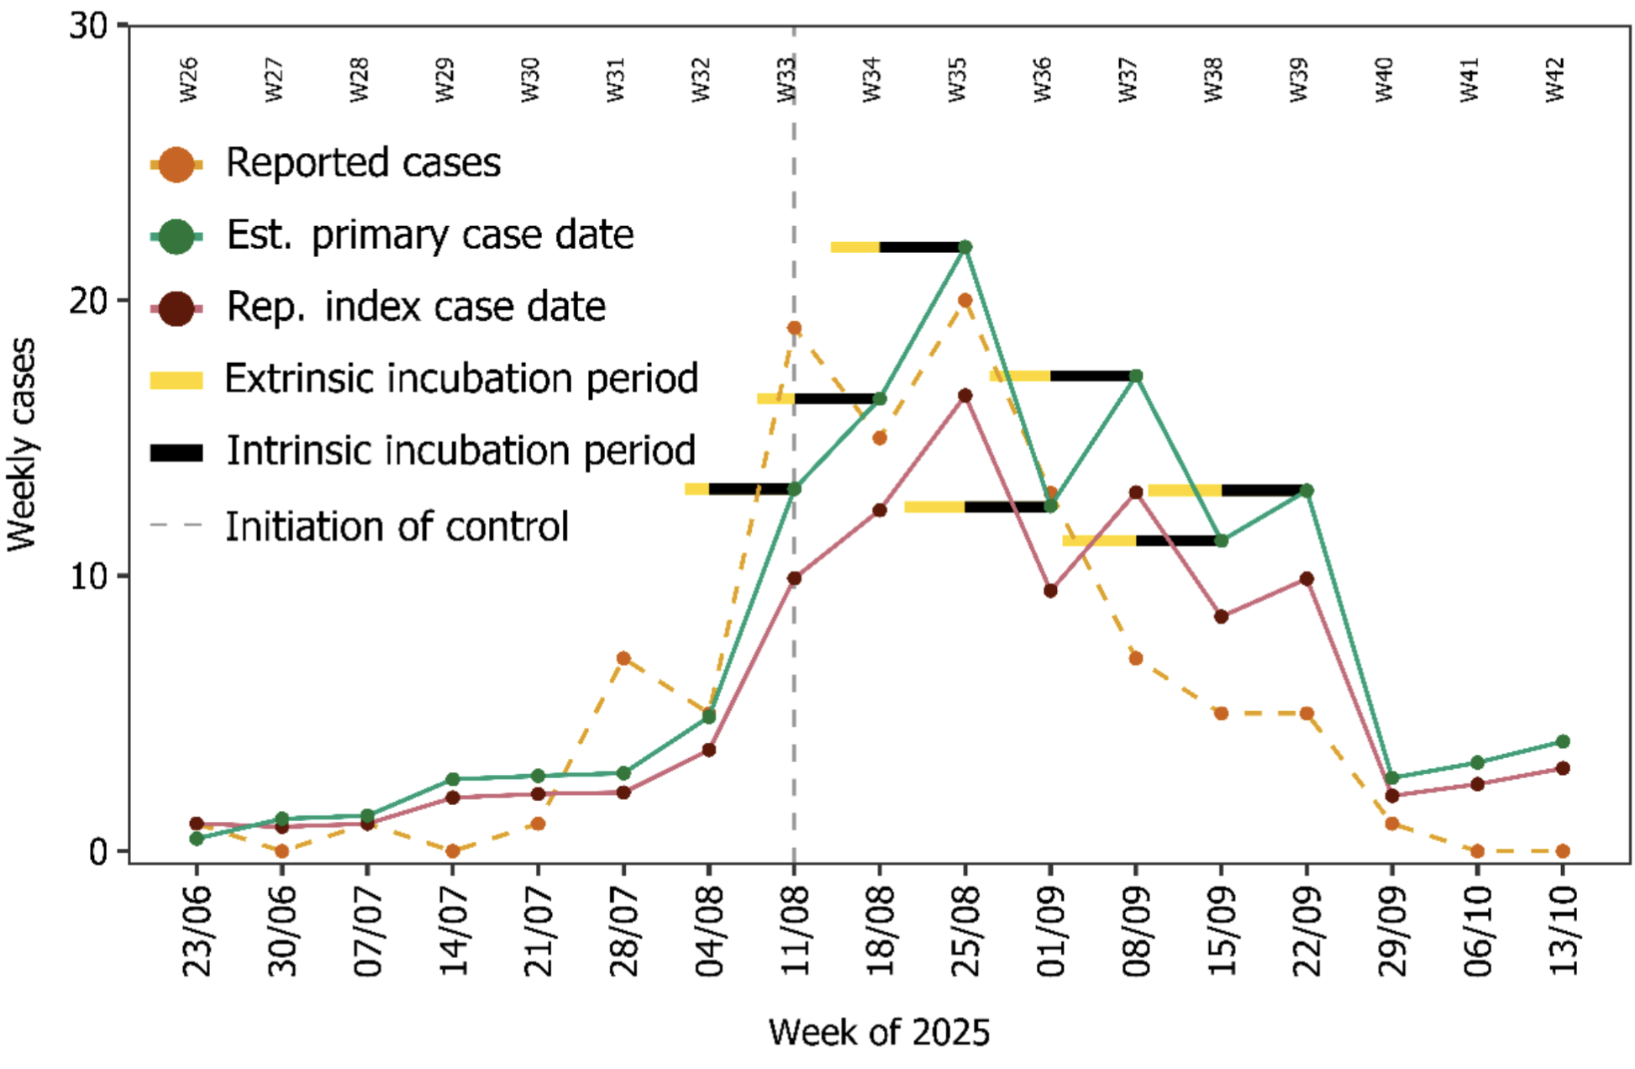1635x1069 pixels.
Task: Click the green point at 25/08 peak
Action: [965, 247]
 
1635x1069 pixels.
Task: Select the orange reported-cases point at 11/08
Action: [794, 328]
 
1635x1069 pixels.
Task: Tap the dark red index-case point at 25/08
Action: [965, 396]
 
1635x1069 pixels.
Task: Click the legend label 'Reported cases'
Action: [363, 163]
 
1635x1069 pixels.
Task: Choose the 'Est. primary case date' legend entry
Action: [430, 235]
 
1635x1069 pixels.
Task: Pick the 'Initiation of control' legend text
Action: [397, 527]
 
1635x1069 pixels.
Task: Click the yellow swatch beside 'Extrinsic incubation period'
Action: [176, 381]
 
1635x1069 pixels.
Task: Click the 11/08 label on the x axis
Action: [794, 931]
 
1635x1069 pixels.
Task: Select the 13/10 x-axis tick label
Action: [1563, 931]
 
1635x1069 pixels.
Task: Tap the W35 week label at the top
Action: [958, 80]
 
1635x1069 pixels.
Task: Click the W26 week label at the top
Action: [189, 80]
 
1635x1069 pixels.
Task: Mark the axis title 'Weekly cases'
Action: [22, 445]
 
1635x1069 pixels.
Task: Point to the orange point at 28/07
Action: [623, 658]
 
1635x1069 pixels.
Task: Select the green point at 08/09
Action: [1136, 376]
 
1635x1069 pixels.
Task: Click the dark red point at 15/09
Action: [1221, 616]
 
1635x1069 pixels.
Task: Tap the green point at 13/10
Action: [1563, 741]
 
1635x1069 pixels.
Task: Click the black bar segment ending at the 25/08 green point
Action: [921, 247]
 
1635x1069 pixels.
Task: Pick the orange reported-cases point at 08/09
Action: [1136, 658]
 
